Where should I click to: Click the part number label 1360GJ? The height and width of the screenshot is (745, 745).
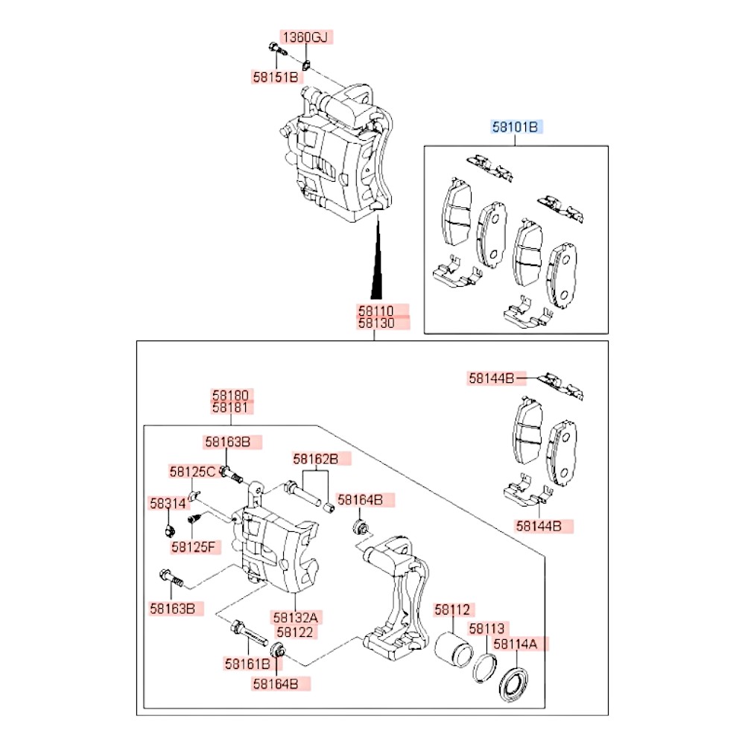(x=304, y=37)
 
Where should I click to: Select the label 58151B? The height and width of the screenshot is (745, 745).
(x=273, y=76)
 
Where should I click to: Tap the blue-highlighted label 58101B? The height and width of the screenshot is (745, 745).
(x=517, y=127)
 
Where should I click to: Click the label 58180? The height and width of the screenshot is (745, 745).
(x=232, y=394)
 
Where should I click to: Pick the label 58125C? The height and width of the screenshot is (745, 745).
(x=191, y=472)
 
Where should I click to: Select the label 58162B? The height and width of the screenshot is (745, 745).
(x=315, y=460)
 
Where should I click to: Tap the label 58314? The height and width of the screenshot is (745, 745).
(x=167, y=504)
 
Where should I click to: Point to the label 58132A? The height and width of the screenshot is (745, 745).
(x=296, y=617)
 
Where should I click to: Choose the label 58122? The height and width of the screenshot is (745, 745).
(x=296, y=632)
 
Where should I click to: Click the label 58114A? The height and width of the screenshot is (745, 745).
(x=519, y=644)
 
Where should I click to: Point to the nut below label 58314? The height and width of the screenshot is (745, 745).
(x=169, y=531)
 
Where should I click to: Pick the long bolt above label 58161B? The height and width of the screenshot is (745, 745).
(x=249, y=632)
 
